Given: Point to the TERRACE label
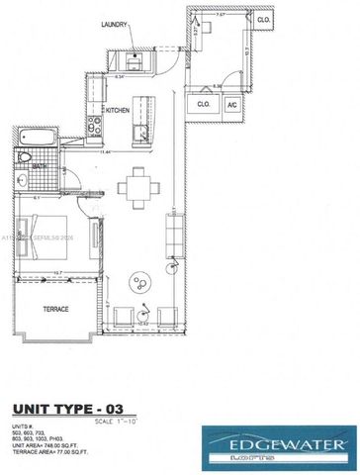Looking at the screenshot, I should coord(57,309).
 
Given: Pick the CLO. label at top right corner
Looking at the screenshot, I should coord(264,20).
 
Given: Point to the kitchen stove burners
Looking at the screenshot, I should coord(96,125).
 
